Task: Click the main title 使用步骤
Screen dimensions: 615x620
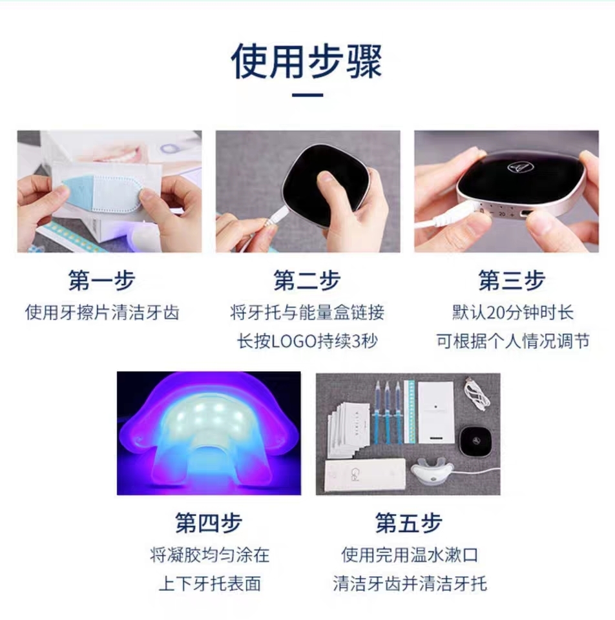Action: [x=307, y=61]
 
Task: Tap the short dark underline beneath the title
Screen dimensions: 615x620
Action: [x=307, y=95]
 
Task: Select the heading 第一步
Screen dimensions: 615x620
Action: [x=102, y=280]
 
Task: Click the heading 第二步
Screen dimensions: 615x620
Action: [x=307, y=280]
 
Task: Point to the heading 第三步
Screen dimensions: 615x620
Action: [x=512, y=280]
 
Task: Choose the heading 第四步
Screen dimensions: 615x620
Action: [x=209, y=522]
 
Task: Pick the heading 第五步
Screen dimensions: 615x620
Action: [x=408, y=522]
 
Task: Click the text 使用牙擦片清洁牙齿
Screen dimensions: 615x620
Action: [x=102, y=313]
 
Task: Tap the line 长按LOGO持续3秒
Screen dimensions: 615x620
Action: [x=307, y=341]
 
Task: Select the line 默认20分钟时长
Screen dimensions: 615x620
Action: [x=513, y=313]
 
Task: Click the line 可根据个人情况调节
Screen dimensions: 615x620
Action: [x=513, y=341]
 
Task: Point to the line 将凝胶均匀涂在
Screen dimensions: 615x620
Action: [x=209, y=555]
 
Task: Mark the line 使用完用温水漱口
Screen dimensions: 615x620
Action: [x=410, y=555]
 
